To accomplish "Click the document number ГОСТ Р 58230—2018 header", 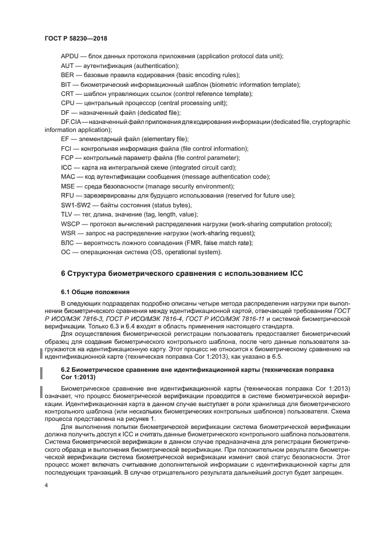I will [x=75, y=38].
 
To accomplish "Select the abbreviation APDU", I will [x=70, y=56].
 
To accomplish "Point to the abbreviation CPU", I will [x=68, y=103].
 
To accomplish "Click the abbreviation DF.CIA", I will [x=71, y=122].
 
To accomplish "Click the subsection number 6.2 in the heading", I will [x=66, y=370].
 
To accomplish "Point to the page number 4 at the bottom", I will [x=46, y=485].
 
